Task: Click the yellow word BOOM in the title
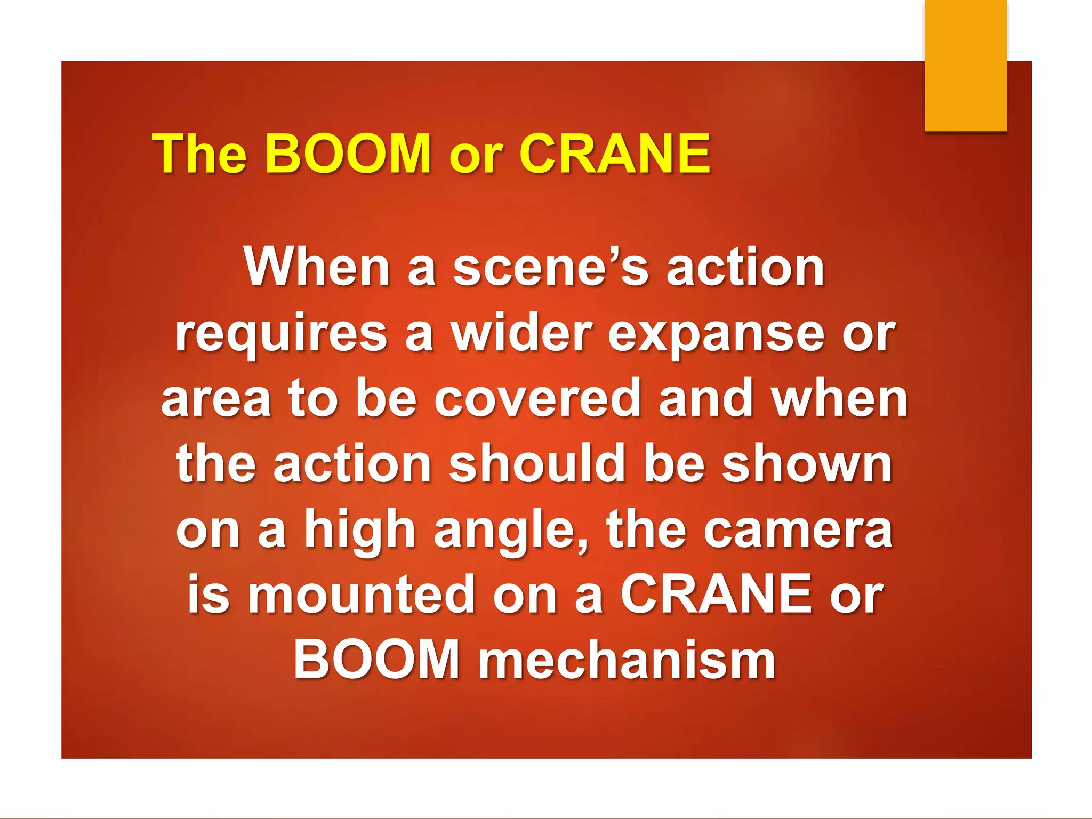click(348, 154)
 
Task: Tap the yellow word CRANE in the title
click(615, 154)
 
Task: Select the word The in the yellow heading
click(199, 154)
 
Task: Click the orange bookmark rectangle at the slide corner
click(965, 65)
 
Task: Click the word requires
click(281, 335)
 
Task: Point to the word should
click(537, 464)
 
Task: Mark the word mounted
click(361, 595)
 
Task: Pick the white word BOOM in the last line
click(376, 660)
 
